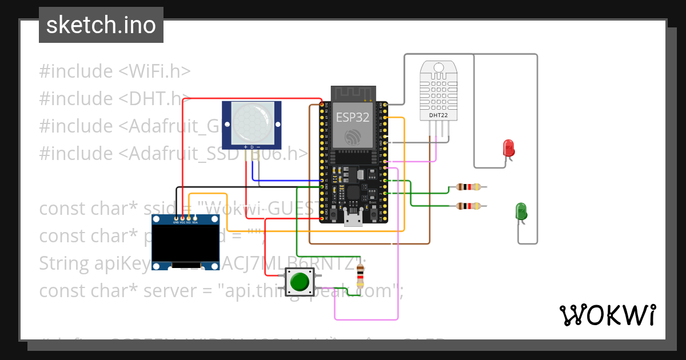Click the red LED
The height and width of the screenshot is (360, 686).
click(x=508, y=148)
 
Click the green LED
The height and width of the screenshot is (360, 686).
click(x=521, y=211)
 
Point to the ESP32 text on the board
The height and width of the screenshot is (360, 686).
click(x=352, y=117)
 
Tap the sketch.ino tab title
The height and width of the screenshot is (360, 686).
click(x=101, y=25)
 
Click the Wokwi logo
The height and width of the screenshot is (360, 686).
click(x=607, y=315)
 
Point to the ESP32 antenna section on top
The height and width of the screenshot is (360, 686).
click(x=353, y=93)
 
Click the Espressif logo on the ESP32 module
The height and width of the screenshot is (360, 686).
click(x=353, y=137)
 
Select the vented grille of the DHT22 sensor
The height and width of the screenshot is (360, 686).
click(x=438, y=91)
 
